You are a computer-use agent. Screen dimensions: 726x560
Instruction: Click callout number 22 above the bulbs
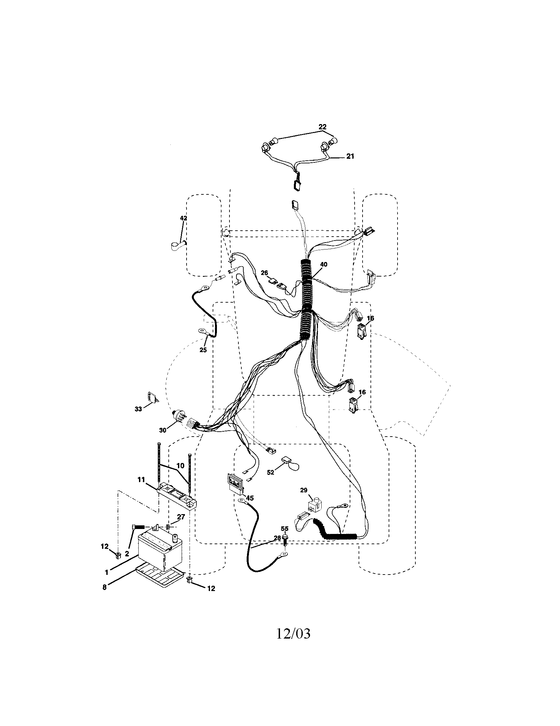click(x=322, y=127)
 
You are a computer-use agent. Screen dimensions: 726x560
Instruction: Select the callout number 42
click(x=183, y=218)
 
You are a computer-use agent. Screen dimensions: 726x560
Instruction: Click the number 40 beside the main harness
click(x=323, y=265)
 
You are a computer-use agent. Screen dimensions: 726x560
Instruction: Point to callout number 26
click(x=264, y=273)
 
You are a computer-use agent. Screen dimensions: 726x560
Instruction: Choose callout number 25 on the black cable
click(x=203, y=350)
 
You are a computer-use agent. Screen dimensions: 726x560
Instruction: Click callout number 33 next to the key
click(x=138, y=409)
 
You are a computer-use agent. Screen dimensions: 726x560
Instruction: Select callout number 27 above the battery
click(x=181, y=517)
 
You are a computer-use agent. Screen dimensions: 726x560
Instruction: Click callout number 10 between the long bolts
click(x=180, y=466)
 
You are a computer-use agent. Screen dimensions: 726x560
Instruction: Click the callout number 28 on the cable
click(x=277, y=538)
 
